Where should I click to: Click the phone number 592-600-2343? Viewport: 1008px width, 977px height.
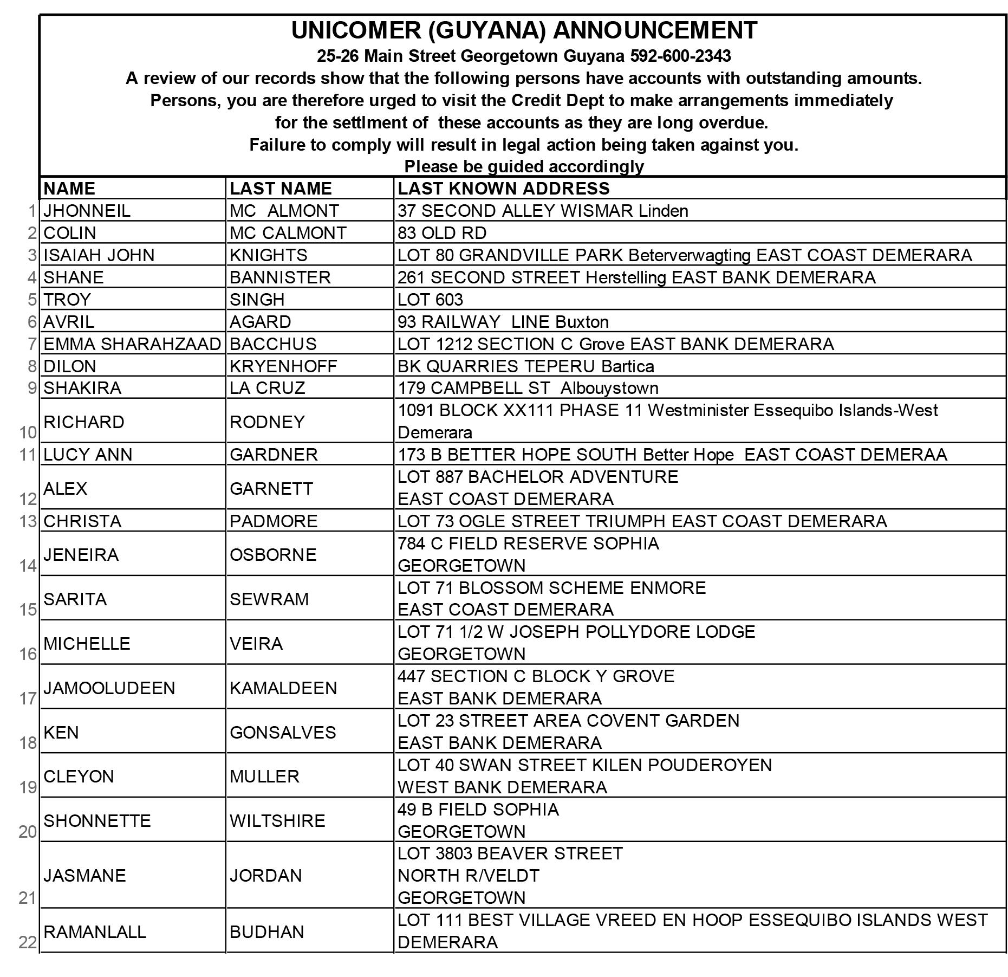pyautogui.click(x=680, y=56)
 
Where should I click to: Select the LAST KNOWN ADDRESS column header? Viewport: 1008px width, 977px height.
pyautogui.click(x=503, y=188)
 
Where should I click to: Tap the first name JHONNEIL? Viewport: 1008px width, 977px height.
pyautogui.click(x=87, y=211)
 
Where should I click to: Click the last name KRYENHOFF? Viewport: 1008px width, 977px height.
pyautogui.click(x=283, y=366)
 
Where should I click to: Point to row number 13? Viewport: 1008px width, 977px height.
pyautogui.click(x=28, y=521)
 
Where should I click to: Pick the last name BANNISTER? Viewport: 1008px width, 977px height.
pyautogui.click(x=280, y=277)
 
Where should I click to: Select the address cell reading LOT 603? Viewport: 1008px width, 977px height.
pyautogui.click(x=430, y=300)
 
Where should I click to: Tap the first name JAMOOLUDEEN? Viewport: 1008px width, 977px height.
pyautogui.click(x=109, y=688)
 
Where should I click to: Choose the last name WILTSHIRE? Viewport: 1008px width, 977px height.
pyautogui.click(x=277, y=821)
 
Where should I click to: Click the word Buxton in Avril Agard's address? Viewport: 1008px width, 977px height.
pyautogui.click(x=582, y=322)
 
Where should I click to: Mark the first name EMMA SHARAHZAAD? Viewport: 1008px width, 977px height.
pyautogui.click(x=132, y=344)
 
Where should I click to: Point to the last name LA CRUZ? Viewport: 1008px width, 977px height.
pyautogui.click(x=267, y=388)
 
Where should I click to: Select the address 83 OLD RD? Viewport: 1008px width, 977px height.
pyautogui.click(x=442, y=233)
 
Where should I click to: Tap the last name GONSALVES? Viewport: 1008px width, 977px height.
pyautogui.click(x=283, y=733)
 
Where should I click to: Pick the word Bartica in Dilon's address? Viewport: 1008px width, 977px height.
pyautogui.click(x=627, y=366)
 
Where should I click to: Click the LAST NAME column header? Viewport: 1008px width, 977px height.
pyautogui.click(x=281, y=188)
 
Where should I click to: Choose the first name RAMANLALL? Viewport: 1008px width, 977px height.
pyautogui.click(x=95, y=932)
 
